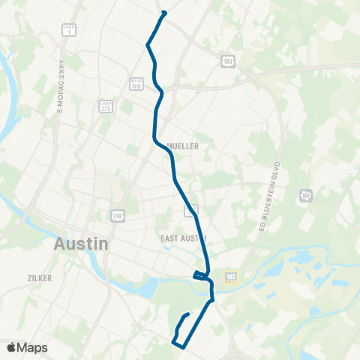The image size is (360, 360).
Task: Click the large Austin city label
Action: point(82,244)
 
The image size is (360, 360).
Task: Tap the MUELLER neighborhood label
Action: point(183,147)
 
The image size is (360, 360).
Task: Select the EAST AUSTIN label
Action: point(183,238)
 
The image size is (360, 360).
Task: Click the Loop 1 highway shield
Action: point(67,30)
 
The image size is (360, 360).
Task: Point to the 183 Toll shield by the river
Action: point(231,277)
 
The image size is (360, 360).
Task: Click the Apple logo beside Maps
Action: point(11,348)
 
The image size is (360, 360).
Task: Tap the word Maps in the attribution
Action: point(32,348)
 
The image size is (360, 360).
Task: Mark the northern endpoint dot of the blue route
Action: point(163,13)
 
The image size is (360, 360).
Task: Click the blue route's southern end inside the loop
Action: point(187,313)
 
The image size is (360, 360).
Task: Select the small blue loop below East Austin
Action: point(200,275)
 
